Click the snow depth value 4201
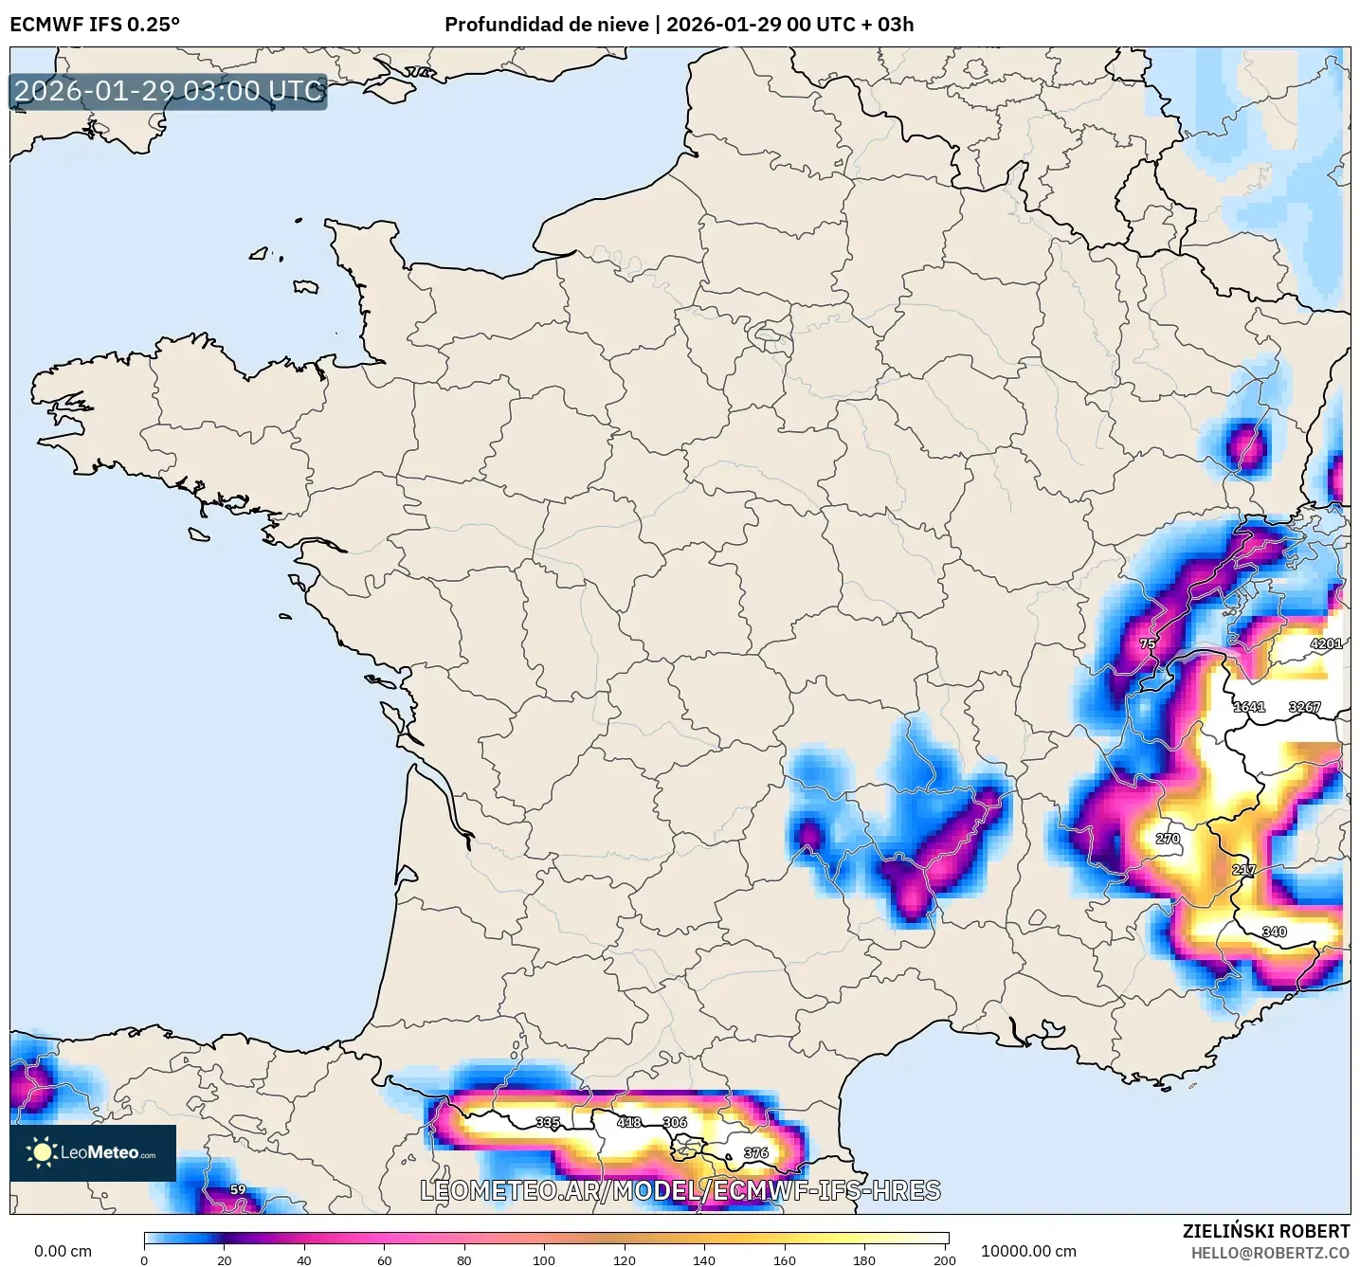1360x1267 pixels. [x=1326, y=643]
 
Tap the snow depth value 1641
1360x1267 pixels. [x=1249, y=707]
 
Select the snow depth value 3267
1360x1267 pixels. [x=1304, y=707]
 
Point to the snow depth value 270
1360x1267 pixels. [x=1168, y=839]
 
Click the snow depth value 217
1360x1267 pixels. [x=1243, y=870]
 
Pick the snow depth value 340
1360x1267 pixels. [x=1274, y=932]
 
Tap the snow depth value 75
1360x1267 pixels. [x=1148, y=643]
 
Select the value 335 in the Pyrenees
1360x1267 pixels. [x=548, y=1122]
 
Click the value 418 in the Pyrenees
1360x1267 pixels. [x=629, y=1122]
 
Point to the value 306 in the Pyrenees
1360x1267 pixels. [x=675, y=1122]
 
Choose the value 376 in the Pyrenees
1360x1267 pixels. [x=756, y=1153]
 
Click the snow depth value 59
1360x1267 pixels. [x=238, y=1189]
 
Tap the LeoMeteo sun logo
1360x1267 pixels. [x=43, y=1152]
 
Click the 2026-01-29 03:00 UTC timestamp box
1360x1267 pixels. [x=169, y=91]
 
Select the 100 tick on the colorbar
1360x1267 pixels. [x=544, y=1259]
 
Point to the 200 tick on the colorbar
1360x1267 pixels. [x=944, y=1259]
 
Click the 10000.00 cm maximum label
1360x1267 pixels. [x=1028, y=1251]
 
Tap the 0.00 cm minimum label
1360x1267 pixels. [x=63, y=1251]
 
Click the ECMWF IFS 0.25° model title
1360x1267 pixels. [x=95, y=25]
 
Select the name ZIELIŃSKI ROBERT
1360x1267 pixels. [x=1266, y=1231]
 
